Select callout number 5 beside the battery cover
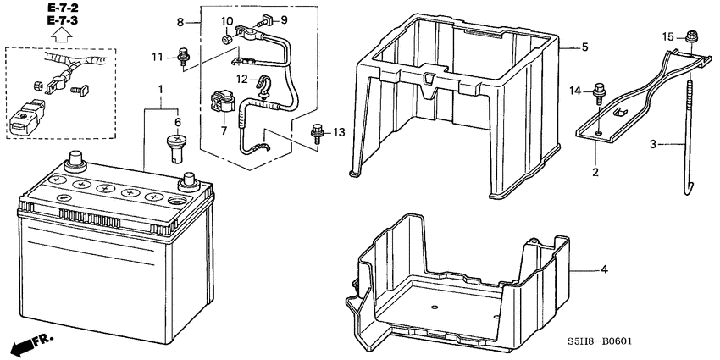pyautogui.click(x=584, y=47)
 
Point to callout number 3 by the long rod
pyautogui.click(x=653, y=145)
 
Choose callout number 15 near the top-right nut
pyautogui.click(x=667, y=36)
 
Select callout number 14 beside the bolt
pyautogui.click(x=574, y=90)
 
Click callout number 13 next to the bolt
pyautogui.click(x=340, y=132)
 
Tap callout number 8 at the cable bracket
pyautogui.click(x=180, y=20)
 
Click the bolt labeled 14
pyautogui.click(x=600, y=90)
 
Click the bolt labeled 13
pyautogui.click(x=317, y=132)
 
